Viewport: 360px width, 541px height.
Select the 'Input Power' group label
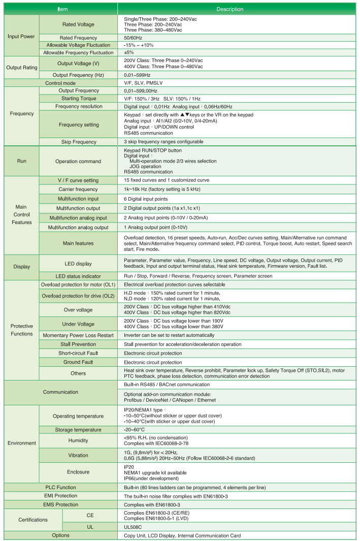(21, 37)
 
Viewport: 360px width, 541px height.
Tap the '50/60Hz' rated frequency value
(133, 38)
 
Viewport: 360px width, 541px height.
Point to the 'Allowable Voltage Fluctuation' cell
(78, 45)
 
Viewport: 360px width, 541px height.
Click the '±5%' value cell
(129, 52)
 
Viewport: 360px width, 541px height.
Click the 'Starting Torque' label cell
(78, 98)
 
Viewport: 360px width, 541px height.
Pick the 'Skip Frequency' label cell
(78, 142)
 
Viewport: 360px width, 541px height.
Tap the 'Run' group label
(21, 161)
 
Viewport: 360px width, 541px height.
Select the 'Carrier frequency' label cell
(78, 189)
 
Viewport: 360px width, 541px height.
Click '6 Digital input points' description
(146, 199)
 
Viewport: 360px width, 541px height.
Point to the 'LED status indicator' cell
(78, 276)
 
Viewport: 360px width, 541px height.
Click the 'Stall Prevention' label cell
(78, 344)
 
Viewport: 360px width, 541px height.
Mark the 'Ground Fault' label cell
(78, 362)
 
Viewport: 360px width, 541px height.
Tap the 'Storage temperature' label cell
(78, 430)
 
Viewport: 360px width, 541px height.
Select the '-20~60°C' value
(135, 430)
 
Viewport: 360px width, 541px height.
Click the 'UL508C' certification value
(133, 527)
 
